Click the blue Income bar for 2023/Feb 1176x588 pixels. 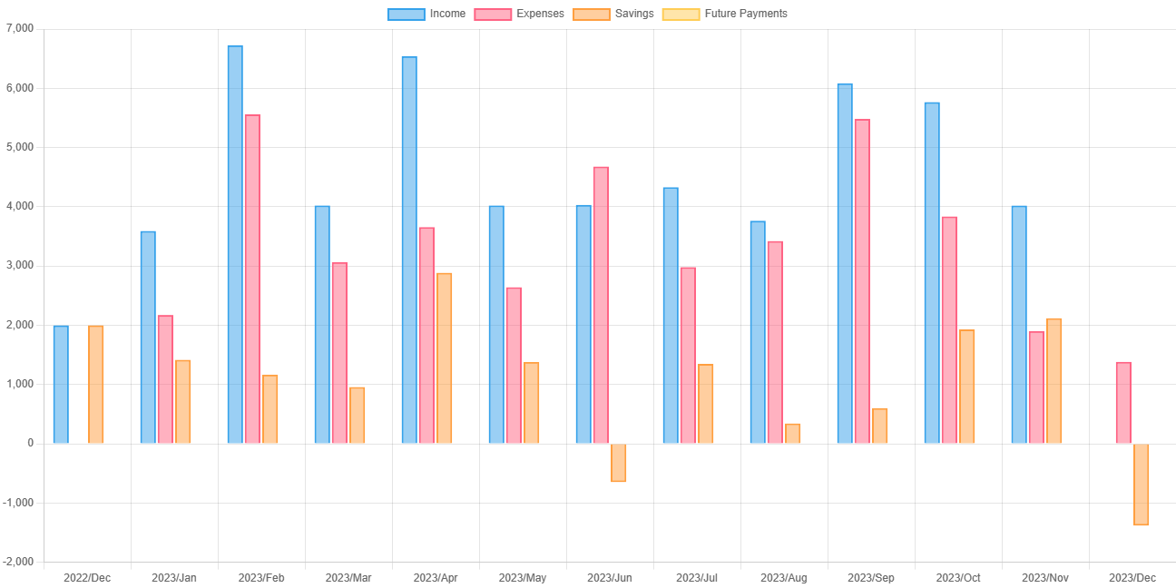click(x=235, y=244)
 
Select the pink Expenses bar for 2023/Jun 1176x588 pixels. click(x=601, y=305)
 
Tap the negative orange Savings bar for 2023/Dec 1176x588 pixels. click(x=1142, y=485)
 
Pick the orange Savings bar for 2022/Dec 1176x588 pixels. click(x=96, y=384)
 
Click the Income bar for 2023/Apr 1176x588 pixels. click(x=409, y=250)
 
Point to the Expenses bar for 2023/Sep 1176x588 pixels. click(x=862, y=281)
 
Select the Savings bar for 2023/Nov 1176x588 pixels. click(x=1054, y=381)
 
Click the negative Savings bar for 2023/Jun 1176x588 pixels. click(x=619, y=463)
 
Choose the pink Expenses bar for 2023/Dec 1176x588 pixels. click(x=1123, y=402)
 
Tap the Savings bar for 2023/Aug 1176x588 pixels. click(x=793, y=433)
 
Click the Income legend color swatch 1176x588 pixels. click(x=405, y=14)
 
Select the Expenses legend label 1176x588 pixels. click(x=540, y=14)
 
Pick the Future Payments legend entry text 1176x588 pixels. click(x=746, y=14)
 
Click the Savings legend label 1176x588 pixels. click(x=633, y=14)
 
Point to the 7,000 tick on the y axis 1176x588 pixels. click(x=19, y=28)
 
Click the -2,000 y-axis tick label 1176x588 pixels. click(x=18, y=562)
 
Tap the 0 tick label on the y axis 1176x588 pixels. click(x=31, y=443)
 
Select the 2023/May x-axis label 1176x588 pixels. click(x=523, y=578)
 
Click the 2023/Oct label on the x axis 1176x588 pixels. click(x=958, y=578)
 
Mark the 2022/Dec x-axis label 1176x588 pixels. click(x=87, y=578)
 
